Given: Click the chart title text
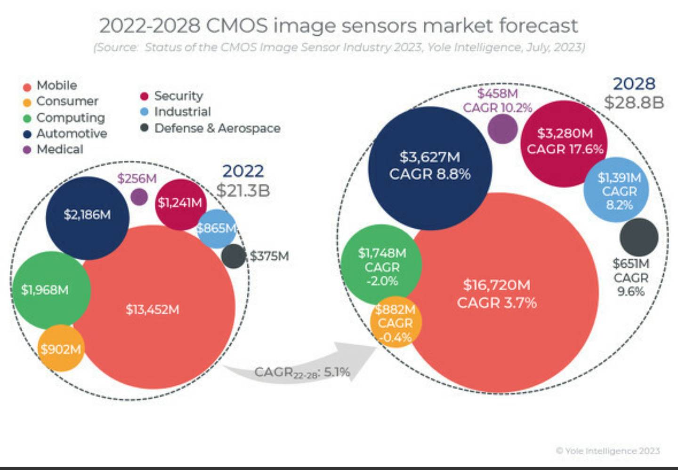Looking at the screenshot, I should pyautogui.click(x=338, y=25).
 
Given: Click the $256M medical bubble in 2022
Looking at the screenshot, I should pyautogui.click(x=139, y=197).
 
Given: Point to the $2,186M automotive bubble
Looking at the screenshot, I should pyautogui.click(x=88, y=217).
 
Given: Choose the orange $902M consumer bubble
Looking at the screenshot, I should pyautogui.click(x=61, y=349).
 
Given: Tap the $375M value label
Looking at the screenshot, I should pyautogui.click(x=269, y=256).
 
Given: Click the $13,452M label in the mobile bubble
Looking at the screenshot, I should pyautogui.click(x=152, y=310).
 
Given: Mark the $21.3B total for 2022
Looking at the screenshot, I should pyautogui.click(x=243, y=191).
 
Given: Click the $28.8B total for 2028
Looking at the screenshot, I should pyautogui.click(x=634, y=102).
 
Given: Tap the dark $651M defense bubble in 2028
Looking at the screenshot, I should pyautogui.click(x=639, y=237).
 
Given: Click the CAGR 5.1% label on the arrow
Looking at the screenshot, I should pyautogui.click(x=302, y=373).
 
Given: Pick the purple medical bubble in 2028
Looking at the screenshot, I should pyautogui.click(x=502, y=128).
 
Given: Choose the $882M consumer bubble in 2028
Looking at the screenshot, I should pyautogui.click(x=395, y=323).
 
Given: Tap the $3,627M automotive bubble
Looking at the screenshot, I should pyautogui.click(x=429, y=167).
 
